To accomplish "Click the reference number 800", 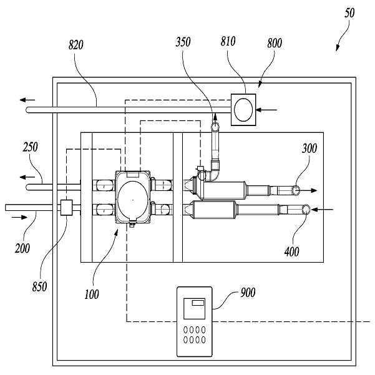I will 273,43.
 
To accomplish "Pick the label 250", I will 30,148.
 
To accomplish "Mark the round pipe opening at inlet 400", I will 306,211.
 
